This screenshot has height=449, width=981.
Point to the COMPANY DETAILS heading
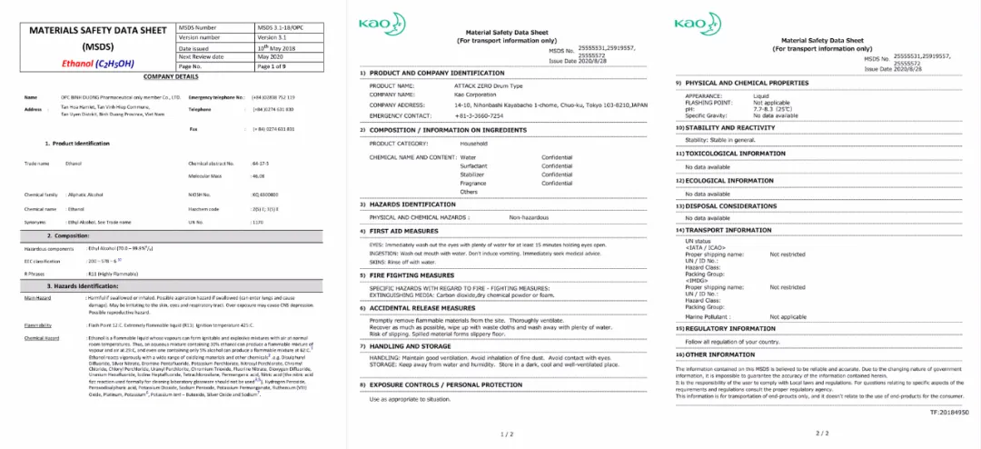tap(171, 77)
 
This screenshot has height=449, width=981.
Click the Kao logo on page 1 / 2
tap(376, 23)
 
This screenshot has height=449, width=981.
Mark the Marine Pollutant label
tap(713, 315)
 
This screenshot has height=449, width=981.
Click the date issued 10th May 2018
tap(279, 48)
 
